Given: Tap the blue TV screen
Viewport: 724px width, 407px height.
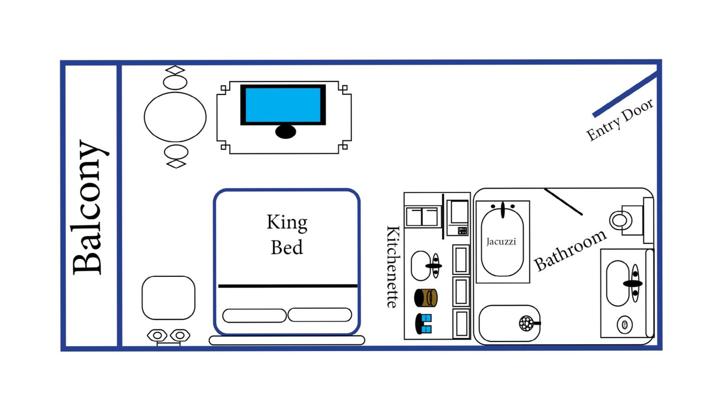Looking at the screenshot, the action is pos(283,105).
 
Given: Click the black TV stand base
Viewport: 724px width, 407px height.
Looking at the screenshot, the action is pos(285,132).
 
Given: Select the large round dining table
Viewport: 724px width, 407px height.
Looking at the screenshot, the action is pos(175,117).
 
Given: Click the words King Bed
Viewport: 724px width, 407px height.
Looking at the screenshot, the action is pos(287,235).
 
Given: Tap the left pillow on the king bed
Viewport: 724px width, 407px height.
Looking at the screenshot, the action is pos(254,315).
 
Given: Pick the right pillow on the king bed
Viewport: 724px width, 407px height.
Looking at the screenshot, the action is pos(320,315).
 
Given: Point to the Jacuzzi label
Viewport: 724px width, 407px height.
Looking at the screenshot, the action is pos(501,242).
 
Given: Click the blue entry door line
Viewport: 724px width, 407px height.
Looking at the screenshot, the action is pos(625,95).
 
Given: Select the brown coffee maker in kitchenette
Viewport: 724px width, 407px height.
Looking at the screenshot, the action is pos(426,298).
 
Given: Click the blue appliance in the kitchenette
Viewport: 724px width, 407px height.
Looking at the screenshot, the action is pos(424,324).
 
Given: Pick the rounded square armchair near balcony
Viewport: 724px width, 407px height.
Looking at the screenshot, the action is pos(168,298).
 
